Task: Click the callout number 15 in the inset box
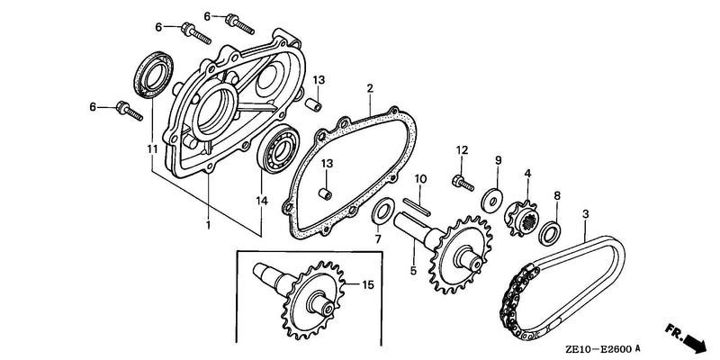pyautogui.click(x=368, y=285)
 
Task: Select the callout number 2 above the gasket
pyautogui.click(x=370, y=88)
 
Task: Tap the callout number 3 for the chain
pyautogui.click(x=586, y=214)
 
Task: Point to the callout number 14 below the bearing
pyautogui.click(x=262, y=201)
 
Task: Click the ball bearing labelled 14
pyautogui.click(x=278, y=148)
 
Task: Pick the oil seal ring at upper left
pyautogui.click(x=154, y=75)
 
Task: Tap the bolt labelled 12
pyautogui.click(x=463, y=183)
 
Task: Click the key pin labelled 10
pyautogui.click(x=417, y=207)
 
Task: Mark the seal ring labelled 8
pyautogui.click(x=550, y=233)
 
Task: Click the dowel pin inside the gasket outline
pyautogui.click(x=325, y=194)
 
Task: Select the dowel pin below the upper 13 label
pyautogui.click(x=313, y=103)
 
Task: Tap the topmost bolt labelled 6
pyautogui.click(x=239, y=24)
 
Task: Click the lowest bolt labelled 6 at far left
pyautogui.click(x=130, y=110)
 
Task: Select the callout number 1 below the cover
pyautogui.click(x=208, y=225)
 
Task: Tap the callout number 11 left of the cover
pyautogui.click(x=152, y=149)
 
